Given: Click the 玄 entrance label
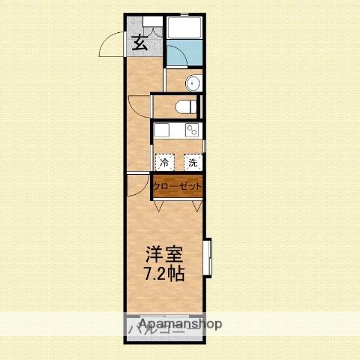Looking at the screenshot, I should pos(139,43).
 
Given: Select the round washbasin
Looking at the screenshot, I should pos(193,83).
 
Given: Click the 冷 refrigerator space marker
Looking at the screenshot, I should pos(164,161).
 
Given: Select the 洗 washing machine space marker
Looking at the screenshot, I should pos(192,161).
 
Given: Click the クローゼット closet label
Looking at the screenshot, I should pos(178,186).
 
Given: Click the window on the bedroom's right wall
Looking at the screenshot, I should pos(208,259).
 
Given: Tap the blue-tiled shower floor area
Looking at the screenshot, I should pos(183,54).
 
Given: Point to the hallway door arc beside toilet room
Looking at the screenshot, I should pos(139,106).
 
